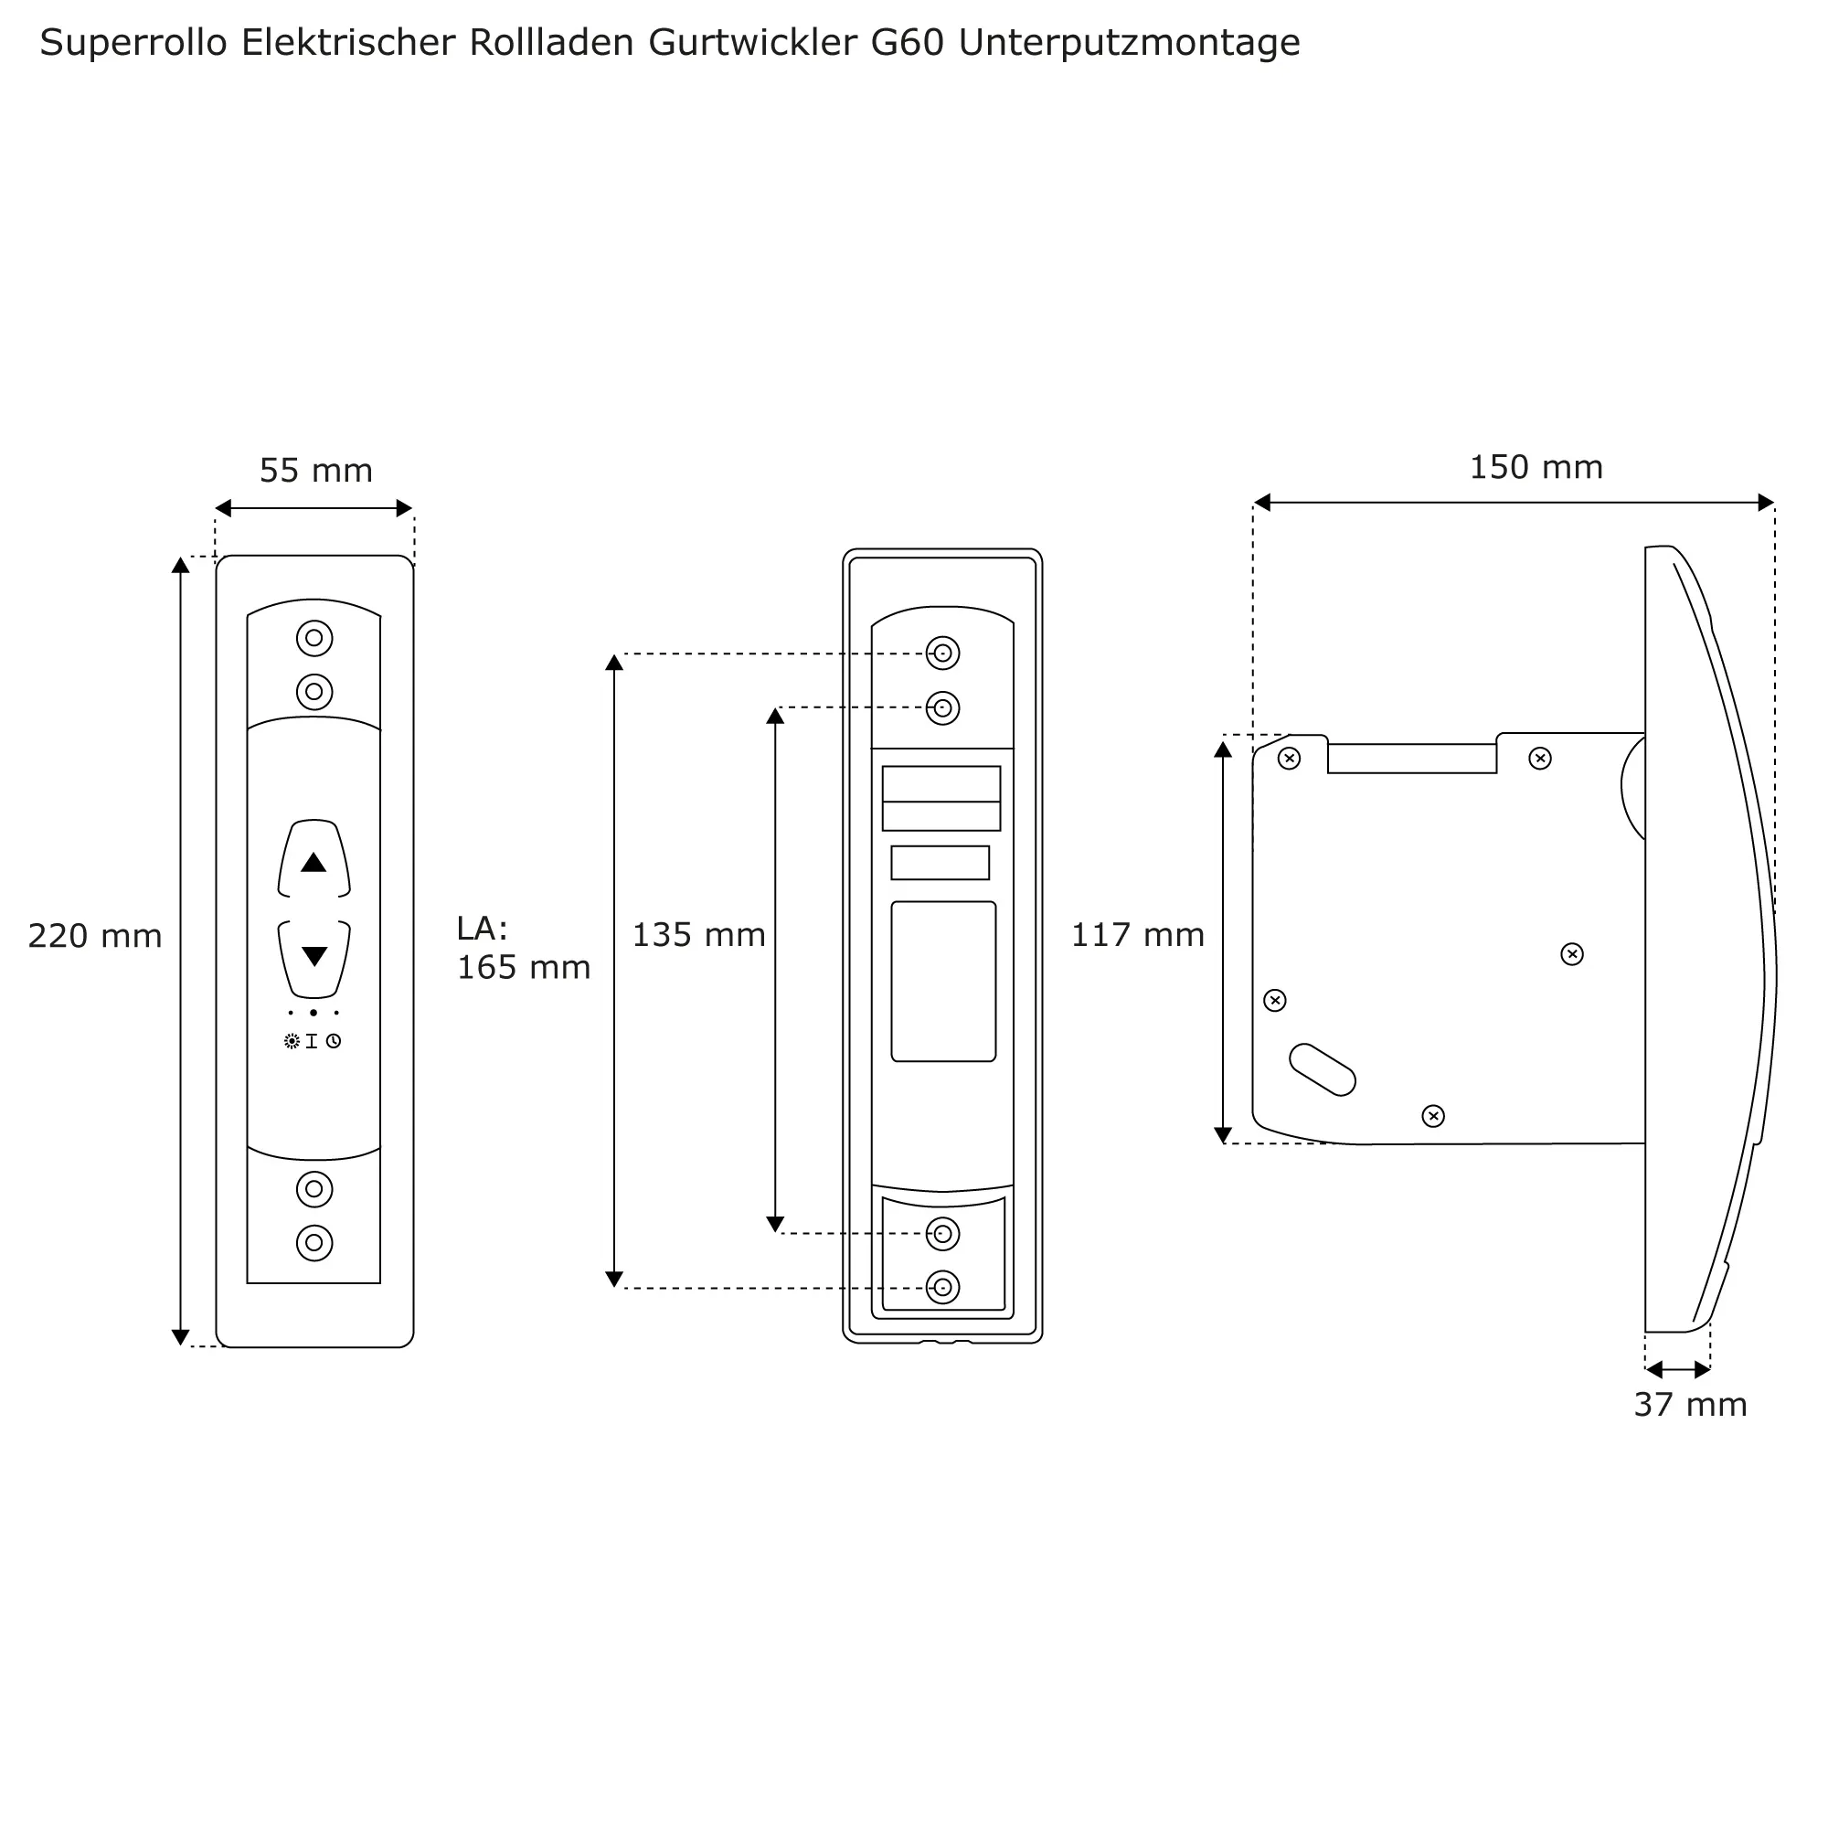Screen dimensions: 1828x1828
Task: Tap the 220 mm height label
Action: pos(95,937)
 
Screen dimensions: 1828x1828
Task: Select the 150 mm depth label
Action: pos(1536,467)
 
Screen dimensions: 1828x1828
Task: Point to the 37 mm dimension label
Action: pos(1690,1405)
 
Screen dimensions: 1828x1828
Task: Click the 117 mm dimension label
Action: pos(1137,936)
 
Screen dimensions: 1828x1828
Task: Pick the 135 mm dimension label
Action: pos(698,936)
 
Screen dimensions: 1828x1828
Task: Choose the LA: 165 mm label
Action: pos(523,948)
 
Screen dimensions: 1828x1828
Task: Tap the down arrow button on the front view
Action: pos(314,957)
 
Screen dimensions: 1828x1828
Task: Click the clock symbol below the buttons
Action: pos(334,1042)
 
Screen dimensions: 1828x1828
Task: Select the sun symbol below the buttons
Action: pos(292,1042)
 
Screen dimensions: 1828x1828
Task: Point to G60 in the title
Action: pos(908,43)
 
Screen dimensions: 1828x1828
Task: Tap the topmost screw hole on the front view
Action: pos(314,639)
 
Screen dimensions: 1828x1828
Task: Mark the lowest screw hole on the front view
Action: pos(314,1243)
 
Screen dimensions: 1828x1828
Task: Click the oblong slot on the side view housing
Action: pos(1323,1070)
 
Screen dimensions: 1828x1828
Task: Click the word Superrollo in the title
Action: pos(133,43)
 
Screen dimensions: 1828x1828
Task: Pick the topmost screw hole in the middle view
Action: pos(942,654)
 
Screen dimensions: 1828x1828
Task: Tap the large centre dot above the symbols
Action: pos(314,1014)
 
